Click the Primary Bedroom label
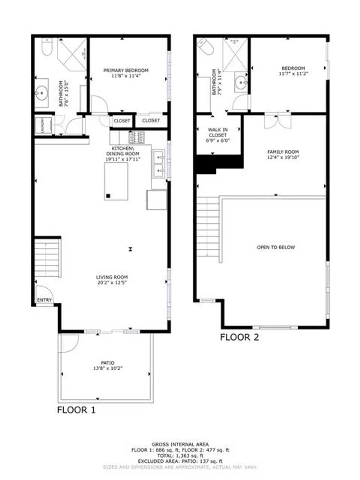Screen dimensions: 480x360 click(126, 70)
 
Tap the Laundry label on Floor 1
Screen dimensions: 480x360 click(40, 125)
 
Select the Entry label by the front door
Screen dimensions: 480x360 click(44, 300)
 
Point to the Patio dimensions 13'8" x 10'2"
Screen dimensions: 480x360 click(108, 368)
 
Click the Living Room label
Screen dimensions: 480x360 click(112, 277)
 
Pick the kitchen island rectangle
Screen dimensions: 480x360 click(116, 181)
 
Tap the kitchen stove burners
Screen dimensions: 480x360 click(137, 138)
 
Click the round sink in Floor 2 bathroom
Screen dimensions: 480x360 click(241, 83)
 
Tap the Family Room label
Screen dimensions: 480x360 click(283, 152)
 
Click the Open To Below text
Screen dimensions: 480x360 click(276, 247)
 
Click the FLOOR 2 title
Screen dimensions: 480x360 click(239, 337)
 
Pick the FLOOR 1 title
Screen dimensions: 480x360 click(76, 410)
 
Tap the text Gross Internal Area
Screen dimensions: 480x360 click(180, 444)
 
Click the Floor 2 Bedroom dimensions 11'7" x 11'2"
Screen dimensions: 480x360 click(293, 74)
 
